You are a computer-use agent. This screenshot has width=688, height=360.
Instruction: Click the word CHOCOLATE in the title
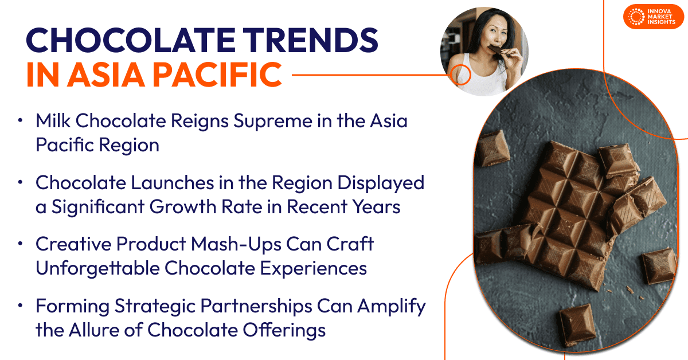coord(131,41)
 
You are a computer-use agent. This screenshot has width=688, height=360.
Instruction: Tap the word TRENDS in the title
coord(311,41)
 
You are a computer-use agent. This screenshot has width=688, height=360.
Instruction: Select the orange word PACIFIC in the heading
coord(217,75)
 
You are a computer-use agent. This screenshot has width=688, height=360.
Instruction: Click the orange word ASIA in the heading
coord(106,75)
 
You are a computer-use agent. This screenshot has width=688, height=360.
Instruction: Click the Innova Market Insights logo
coord(653,17)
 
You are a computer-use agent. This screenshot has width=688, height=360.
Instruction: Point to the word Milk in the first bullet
coord(53,120)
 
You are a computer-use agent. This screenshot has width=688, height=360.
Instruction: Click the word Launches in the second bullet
coord(173,183)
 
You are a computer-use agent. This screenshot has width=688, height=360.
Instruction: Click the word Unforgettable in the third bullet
coord(97,268)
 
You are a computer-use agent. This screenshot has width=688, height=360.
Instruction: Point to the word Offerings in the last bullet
coord(284,331)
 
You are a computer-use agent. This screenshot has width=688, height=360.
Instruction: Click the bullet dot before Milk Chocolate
coord(20,120)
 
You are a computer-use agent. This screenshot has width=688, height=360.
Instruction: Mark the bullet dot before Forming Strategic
coord(20,306)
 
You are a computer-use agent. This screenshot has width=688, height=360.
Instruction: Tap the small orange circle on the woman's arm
coord(461,75)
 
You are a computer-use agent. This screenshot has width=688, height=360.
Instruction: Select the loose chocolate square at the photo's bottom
coord(577,326)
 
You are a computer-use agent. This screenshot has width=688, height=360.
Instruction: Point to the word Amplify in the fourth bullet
coord(391,307)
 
